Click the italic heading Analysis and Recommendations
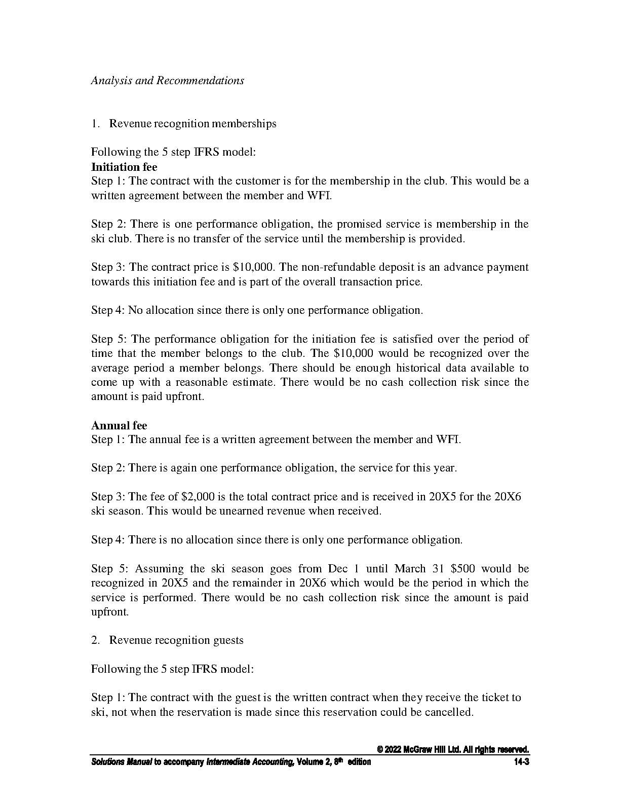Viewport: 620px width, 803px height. tap(167, 81)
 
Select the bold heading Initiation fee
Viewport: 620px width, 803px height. tap(124, 167)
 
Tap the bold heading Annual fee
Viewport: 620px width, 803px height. tap(119, 425)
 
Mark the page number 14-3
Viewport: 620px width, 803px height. tap(521, 762)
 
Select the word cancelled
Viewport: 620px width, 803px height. tap(448, 712)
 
